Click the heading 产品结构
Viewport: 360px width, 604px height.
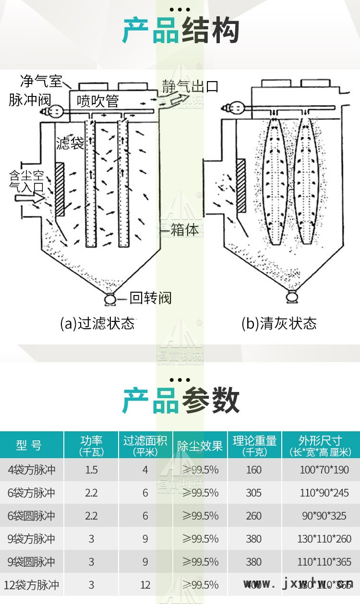tap(180, 31)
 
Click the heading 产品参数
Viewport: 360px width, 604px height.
tap(180, 401)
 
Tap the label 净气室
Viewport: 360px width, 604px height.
tap(41, 81)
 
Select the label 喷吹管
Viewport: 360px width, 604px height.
tap(98, 101)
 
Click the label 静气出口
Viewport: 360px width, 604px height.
tap(190, 86)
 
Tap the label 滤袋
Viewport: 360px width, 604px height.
tap(70, 143)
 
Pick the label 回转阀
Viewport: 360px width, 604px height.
tap(150, 298)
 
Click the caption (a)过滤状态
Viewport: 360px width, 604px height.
tap(97, 323)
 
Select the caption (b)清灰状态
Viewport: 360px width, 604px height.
tap(279, 323)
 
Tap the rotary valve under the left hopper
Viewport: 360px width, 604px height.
tap(111, 299)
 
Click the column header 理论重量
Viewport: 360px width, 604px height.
tap(254, 445)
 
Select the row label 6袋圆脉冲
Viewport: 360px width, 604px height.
tap(32, 516)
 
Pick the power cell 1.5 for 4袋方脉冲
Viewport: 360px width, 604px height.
tap(91, 470)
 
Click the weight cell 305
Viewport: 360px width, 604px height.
tap(254, 493)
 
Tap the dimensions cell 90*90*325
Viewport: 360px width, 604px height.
tap(324, 516)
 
